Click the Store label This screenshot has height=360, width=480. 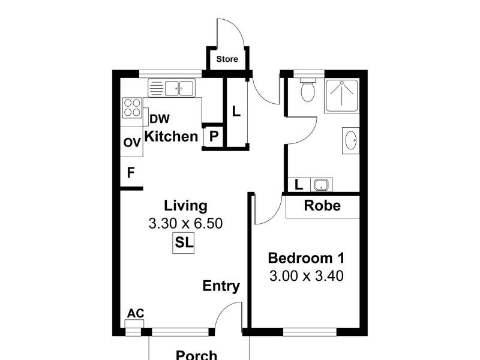pos(227,59)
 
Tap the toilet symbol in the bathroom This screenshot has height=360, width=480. pos(308,90)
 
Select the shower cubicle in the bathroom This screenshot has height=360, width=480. pos(342,95)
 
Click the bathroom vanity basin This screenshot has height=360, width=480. pos(351,141)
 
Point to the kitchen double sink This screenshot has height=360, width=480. pos(179,88)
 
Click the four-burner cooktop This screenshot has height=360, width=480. pos(131,107)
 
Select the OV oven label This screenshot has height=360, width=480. pos(131,143)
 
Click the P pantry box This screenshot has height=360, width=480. pos(213,137)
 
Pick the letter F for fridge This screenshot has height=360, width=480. pos(130,173)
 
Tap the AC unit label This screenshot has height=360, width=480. pos(135,314)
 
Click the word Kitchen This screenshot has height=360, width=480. pos(172,136)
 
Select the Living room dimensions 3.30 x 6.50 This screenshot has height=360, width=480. pos(185,224)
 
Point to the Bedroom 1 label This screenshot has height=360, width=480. pos(305,258)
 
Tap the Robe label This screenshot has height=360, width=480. pos(322,206)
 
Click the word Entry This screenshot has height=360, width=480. pos(221,286)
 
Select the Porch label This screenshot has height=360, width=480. pos(196,355)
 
